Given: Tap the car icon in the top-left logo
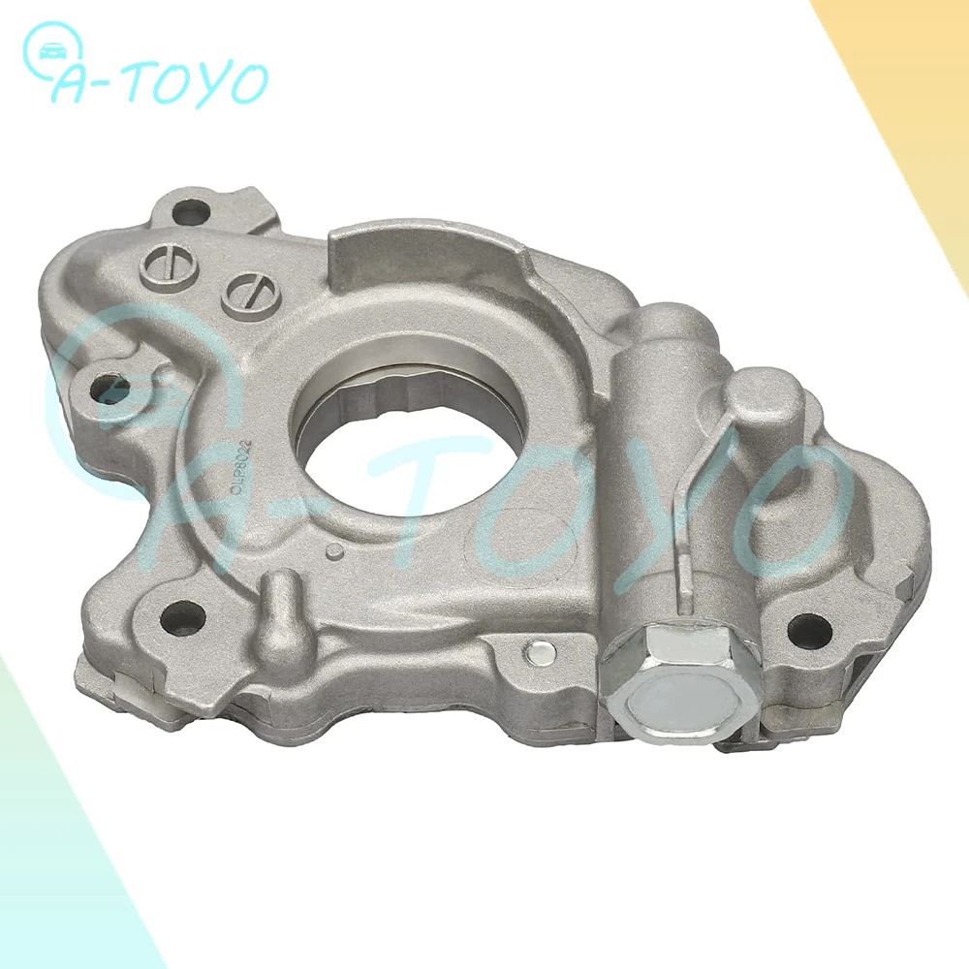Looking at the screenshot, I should pos(47,47).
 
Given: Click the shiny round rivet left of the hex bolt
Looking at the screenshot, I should pos(535,652).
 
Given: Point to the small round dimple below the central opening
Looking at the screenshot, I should pos(334,552).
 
